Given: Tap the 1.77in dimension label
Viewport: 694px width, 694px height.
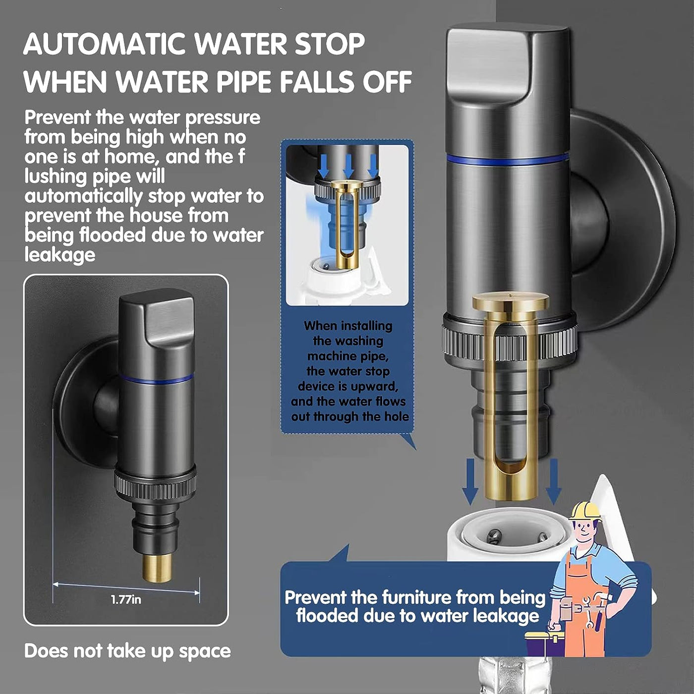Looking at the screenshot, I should (x=126, y=600).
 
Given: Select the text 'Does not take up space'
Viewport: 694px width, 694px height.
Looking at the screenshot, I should (x=127, y=651).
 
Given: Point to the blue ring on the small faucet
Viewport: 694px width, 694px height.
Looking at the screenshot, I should (x=157, y=379).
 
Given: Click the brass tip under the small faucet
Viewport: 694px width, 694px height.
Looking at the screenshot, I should (x=158, y=568).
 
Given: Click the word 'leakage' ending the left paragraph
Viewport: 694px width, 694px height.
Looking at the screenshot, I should (x=59, y=255).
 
